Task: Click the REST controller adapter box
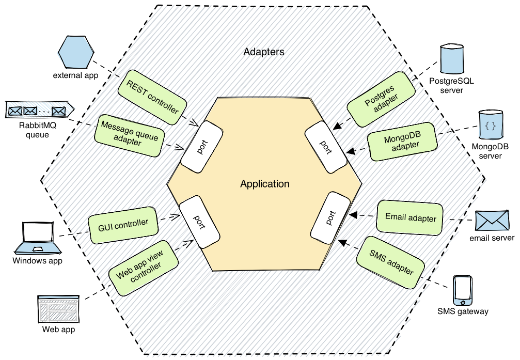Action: (152, 95)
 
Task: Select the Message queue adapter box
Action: (129, 134)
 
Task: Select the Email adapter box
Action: (411, 218)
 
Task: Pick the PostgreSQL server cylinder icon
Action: (451, 59)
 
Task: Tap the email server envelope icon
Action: (492, 221)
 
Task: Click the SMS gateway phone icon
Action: (462, 290)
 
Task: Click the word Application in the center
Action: (264, 184)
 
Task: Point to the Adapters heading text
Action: (263, 52)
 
